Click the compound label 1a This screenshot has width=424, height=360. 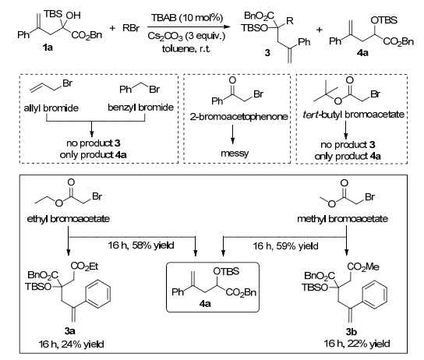click(x=48, y=48)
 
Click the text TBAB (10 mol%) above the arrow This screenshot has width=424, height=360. click(x=187, y=18)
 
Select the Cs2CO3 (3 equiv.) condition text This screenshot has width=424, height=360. click(x=186, y=36)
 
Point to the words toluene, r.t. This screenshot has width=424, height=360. click(x=186, y=48)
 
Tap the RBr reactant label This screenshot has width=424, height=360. click(x=131, y=28)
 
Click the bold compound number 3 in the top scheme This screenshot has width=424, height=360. click(x=267, y=53)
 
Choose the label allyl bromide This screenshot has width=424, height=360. click(x=51, y=108)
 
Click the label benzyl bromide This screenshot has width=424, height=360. click(x=140, y=108)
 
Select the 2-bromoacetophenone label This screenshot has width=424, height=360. click(x=238, y=117)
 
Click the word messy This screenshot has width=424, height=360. click(x=235, y=154)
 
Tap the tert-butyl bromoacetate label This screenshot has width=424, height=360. click(x=353, y=115)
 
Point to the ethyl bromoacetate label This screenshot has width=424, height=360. click(x=69, y=219)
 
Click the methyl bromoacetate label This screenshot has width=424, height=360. click(x=343, y=219)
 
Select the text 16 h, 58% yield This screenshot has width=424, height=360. click(x=141, y=245)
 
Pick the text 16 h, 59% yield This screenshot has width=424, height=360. click(x=285, y=246)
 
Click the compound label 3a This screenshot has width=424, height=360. click(x=70, y=330)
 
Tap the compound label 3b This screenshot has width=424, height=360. click(x=352, y=331)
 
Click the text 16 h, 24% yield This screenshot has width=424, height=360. click(x=71, y=344)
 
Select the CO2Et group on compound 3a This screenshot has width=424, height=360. click(x=84, y=266)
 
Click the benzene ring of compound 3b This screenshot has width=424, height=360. click(x=375, y=295)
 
